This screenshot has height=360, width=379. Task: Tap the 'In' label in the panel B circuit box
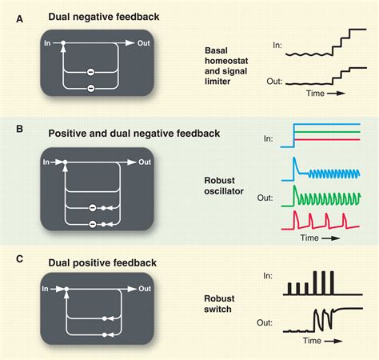(x=48, y=162)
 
